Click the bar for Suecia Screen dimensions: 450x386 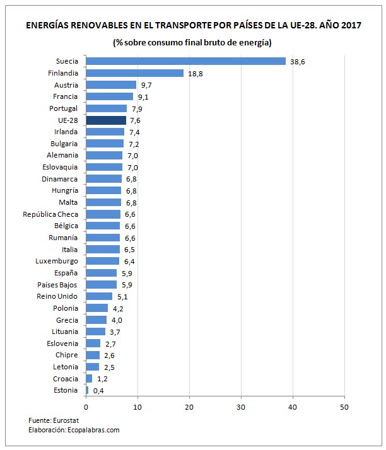(x=185, y=61)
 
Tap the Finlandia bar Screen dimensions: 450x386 (x=134, y=73)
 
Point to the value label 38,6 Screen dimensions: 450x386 (x=298, y=62)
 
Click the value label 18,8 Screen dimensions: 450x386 (x=195, y=74)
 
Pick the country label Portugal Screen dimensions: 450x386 (x=62, y=108)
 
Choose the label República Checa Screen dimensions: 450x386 (x=50, y=214)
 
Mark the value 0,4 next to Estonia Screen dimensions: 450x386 (x=98, y=391)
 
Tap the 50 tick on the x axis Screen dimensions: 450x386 (x=344, y=407)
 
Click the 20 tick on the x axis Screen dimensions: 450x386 (x=189, y=407)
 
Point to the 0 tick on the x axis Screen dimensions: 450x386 (x=86, y=407)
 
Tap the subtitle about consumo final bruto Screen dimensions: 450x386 (x=192, y=43)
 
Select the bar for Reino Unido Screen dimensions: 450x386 (x=98, y=296)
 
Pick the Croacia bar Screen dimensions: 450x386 (x=89, y=379)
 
